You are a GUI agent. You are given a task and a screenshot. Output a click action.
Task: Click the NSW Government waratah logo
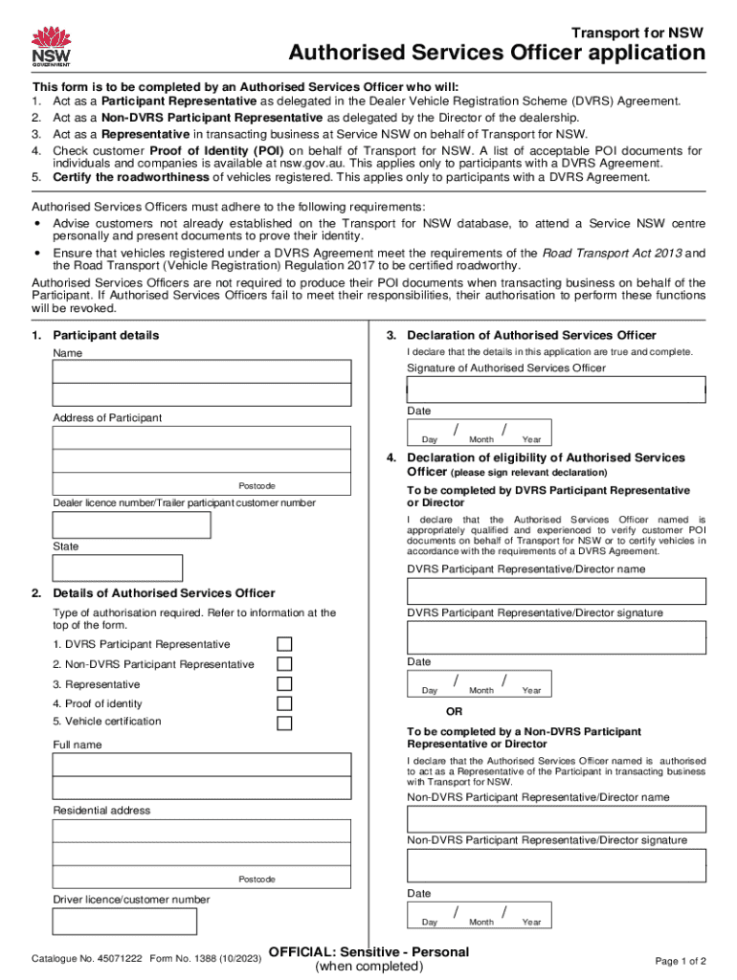tap(51, 46)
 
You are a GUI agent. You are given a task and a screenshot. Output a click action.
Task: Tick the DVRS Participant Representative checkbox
tap(284, 644)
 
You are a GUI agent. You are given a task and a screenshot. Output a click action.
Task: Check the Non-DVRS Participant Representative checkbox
tap(284, 664)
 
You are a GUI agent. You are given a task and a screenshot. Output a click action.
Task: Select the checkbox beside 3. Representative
tap(284, 684)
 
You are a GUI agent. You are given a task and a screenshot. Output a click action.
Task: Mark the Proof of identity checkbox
tap(284, 704)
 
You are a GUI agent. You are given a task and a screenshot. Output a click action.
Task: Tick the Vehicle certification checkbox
tap(284, 723)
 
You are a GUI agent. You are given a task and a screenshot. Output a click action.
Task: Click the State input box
tap(117, 568)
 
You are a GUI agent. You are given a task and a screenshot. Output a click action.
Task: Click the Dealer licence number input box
tap(131, 524)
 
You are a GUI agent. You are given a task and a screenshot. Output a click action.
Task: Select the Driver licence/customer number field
tap(124, 921)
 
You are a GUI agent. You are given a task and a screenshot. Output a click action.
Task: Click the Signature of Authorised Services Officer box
tap(556, 390)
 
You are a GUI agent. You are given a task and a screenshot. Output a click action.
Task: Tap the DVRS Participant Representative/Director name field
tap(556, 591)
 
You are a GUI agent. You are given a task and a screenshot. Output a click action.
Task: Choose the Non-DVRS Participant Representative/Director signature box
tap(556, 865)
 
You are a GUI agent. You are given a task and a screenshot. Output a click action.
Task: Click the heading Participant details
tap(106, 336)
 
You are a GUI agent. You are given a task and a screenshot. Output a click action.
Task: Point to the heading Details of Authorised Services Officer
tap(164, 593)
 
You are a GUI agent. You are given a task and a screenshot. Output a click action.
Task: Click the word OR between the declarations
tap(455, 712)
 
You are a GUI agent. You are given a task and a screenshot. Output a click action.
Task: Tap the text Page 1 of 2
tap(681, 961)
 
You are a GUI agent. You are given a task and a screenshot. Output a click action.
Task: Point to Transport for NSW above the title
tap(648, 31)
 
